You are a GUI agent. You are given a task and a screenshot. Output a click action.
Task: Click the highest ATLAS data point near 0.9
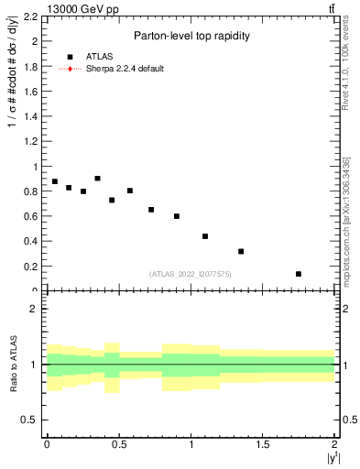97,179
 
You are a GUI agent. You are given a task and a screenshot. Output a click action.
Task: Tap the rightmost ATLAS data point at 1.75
299,274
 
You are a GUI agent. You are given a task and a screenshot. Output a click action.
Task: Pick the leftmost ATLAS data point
55,181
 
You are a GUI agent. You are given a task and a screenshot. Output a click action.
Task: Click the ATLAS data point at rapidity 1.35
241,251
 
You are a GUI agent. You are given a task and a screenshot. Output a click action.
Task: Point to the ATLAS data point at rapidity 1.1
205,236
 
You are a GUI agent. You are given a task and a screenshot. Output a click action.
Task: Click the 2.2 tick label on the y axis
29,16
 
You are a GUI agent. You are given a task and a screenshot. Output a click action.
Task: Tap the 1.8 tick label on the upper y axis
29,67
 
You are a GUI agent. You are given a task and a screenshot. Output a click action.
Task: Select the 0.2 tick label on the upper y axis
29,267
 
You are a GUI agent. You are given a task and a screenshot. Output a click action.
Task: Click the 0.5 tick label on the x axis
118,443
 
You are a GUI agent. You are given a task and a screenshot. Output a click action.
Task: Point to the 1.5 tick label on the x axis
263,443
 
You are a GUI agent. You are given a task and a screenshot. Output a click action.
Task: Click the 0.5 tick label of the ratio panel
29,420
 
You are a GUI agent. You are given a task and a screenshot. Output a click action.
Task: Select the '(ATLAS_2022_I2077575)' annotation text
190,273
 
